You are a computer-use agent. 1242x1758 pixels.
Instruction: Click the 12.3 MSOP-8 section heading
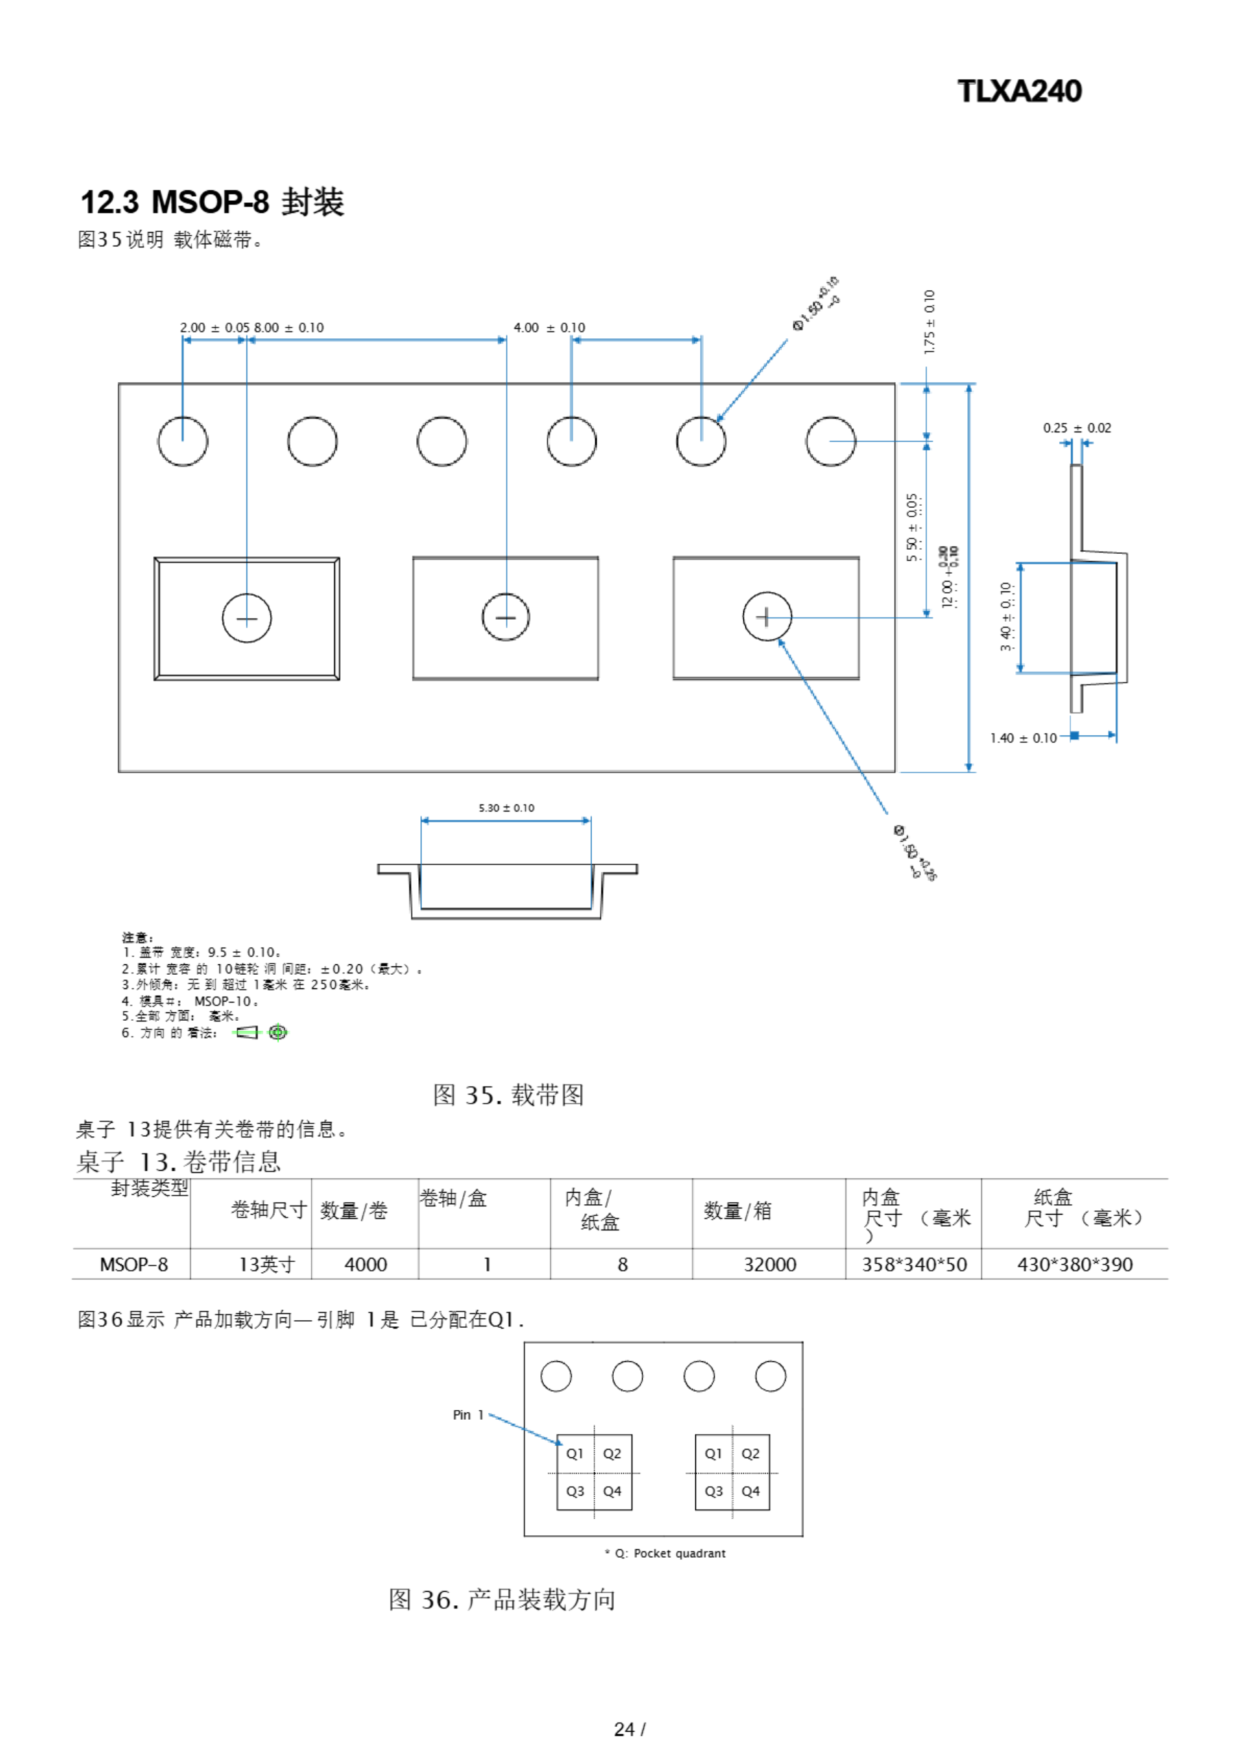click(x=212, y=202)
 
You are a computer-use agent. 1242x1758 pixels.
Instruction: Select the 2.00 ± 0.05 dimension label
click(x=214, y=328)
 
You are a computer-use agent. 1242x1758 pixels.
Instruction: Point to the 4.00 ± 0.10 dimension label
click(x=549, y=328)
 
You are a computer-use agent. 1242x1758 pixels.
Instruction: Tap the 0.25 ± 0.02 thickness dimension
click(x=1076, y=428)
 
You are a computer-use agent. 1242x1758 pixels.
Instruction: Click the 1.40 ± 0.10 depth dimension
click(x=1022, y=738)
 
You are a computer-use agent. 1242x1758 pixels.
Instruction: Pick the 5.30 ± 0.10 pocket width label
click(x=506, y=808)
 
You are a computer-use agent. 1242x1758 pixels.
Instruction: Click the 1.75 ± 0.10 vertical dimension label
click(x=929, y=321)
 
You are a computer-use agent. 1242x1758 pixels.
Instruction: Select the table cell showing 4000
click(x=365, y=1264)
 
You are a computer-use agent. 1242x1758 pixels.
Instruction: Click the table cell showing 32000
click(x=769, y=1264)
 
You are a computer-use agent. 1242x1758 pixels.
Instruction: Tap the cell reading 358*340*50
click(x=914, y=1264)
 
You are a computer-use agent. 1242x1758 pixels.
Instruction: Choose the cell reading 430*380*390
click(x=1075, y=1264)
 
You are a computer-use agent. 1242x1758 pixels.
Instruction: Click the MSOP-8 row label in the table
click(x=133, y=1264)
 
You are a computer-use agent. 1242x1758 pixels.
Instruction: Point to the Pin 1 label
click(x=467, y=1415)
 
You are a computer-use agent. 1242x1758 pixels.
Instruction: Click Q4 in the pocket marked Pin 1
click(x=612, y=1491)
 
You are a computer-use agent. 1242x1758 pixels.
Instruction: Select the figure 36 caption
click(x=502, y=1599)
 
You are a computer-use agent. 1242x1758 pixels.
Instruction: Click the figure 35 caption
click(x=508, y=1095)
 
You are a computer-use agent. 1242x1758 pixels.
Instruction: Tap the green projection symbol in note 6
click(x=278, y=1032)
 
